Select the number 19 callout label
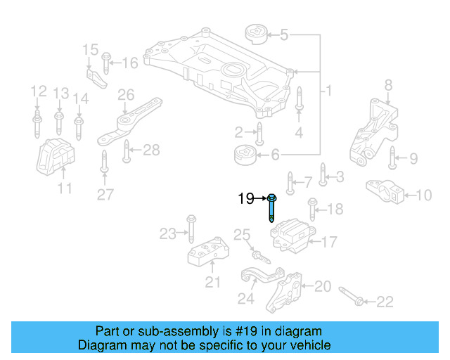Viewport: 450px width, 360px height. click(x=245, y=199)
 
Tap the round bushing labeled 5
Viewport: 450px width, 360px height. click(x=254, y=34)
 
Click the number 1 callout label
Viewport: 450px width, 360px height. click(x=328, y=91)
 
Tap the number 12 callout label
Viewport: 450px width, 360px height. click(x=37, y=91)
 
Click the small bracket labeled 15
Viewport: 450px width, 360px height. click(x=96, y=75)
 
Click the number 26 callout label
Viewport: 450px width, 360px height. click(x=126, y=94)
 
